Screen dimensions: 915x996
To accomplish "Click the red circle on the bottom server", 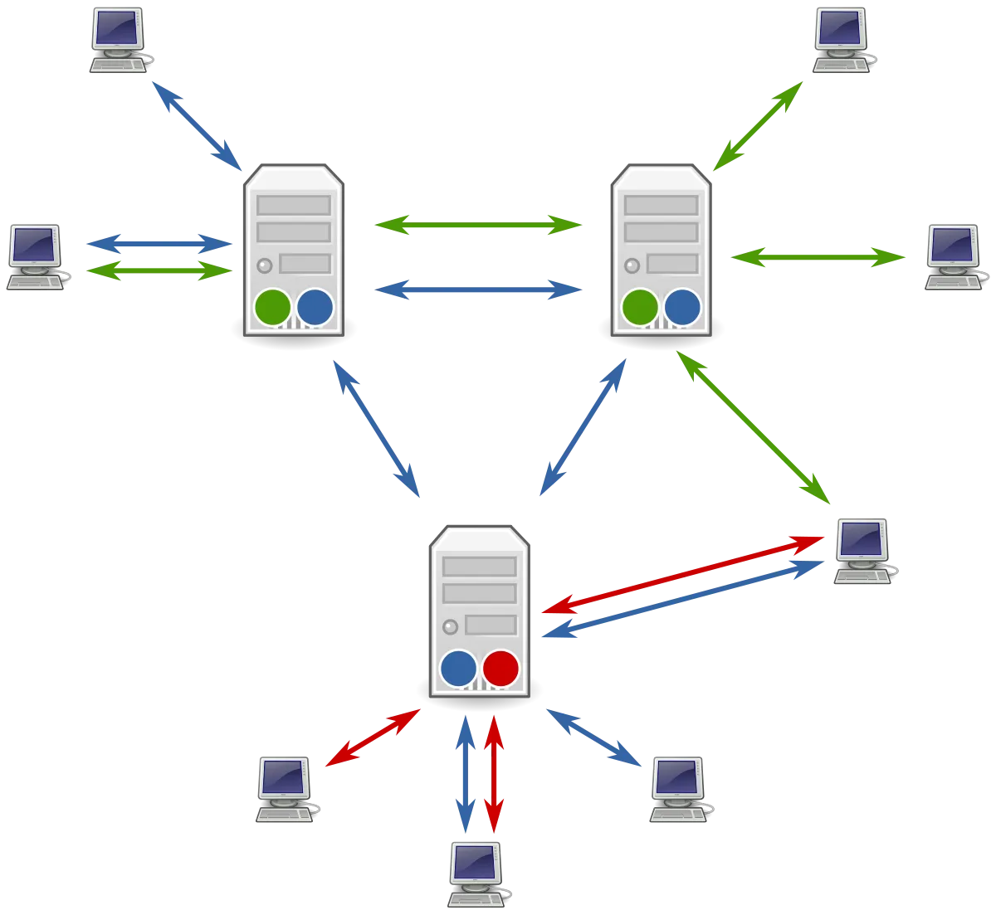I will click(x=500, y=668).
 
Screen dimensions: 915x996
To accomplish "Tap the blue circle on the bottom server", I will click(x=459, y=668).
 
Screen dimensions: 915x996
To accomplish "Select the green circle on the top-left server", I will click(x=273, y=307).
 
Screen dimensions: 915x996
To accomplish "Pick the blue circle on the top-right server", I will click(x=682, y=307).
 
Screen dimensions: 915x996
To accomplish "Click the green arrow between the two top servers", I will click(x=478, y=225).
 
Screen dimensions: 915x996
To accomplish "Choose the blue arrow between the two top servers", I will click(x=478, y=290).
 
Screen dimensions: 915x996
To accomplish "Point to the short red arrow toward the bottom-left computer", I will click(x=372, y=737).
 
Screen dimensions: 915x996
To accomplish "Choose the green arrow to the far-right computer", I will click(x=818, y=258).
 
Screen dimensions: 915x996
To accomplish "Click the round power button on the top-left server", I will click(x=265, y=266).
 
